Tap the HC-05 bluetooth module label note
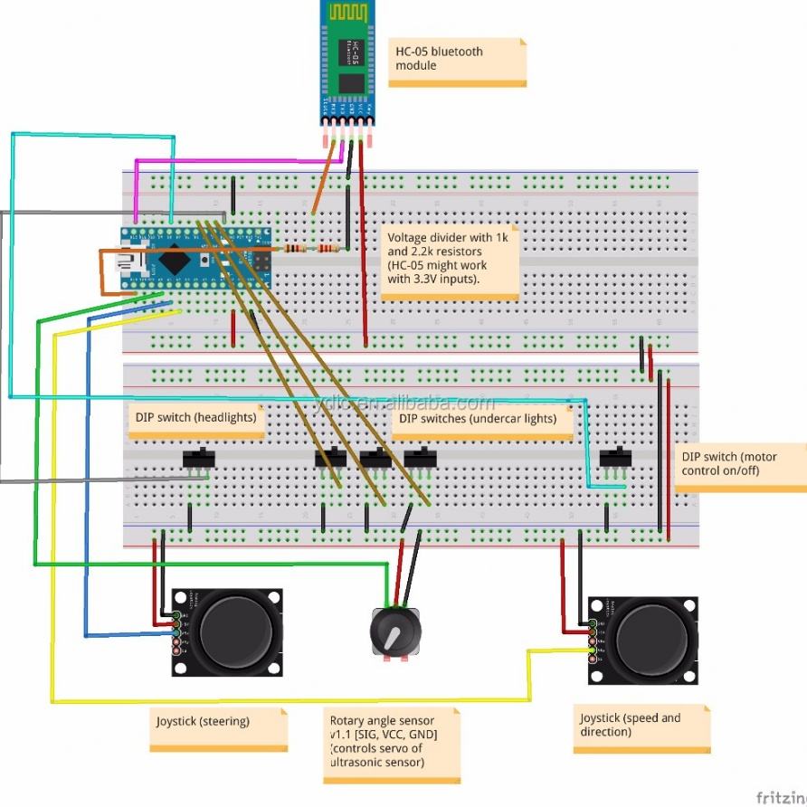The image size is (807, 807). (x=457, y=61)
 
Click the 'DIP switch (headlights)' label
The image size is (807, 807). (x=195, y=419)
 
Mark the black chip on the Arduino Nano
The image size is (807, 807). (x=172, y=261)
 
